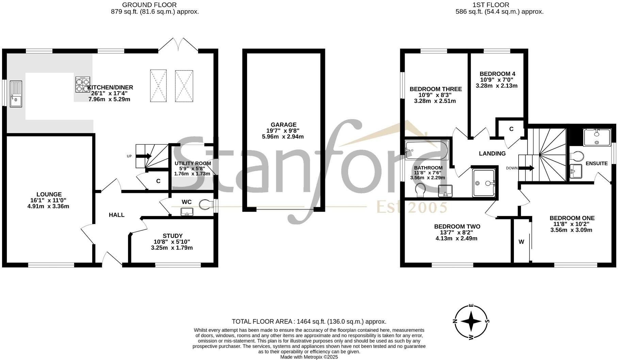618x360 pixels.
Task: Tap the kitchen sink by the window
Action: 16,94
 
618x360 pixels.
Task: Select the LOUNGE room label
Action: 49,195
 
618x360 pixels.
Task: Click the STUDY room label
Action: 173,236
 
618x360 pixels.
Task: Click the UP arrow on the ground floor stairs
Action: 144,156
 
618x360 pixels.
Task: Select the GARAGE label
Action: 283,125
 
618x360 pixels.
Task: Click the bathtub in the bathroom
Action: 426,151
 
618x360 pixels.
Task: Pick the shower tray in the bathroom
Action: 484,183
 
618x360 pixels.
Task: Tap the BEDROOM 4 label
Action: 497,74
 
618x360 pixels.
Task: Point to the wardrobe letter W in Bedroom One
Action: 521,242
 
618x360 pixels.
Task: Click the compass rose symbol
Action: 471,322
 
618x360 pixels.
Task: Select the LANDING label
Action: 492,153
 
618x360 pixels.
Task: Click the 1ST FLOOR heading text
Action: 491,5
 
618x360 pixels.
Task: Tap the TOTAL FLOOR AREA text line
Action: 309,322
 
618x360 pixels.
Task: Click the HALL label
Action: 116,215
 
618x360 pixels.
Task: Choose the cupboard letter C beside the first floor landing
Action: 511,129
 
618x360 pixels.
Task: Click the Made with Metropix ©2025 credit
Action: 309,357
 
